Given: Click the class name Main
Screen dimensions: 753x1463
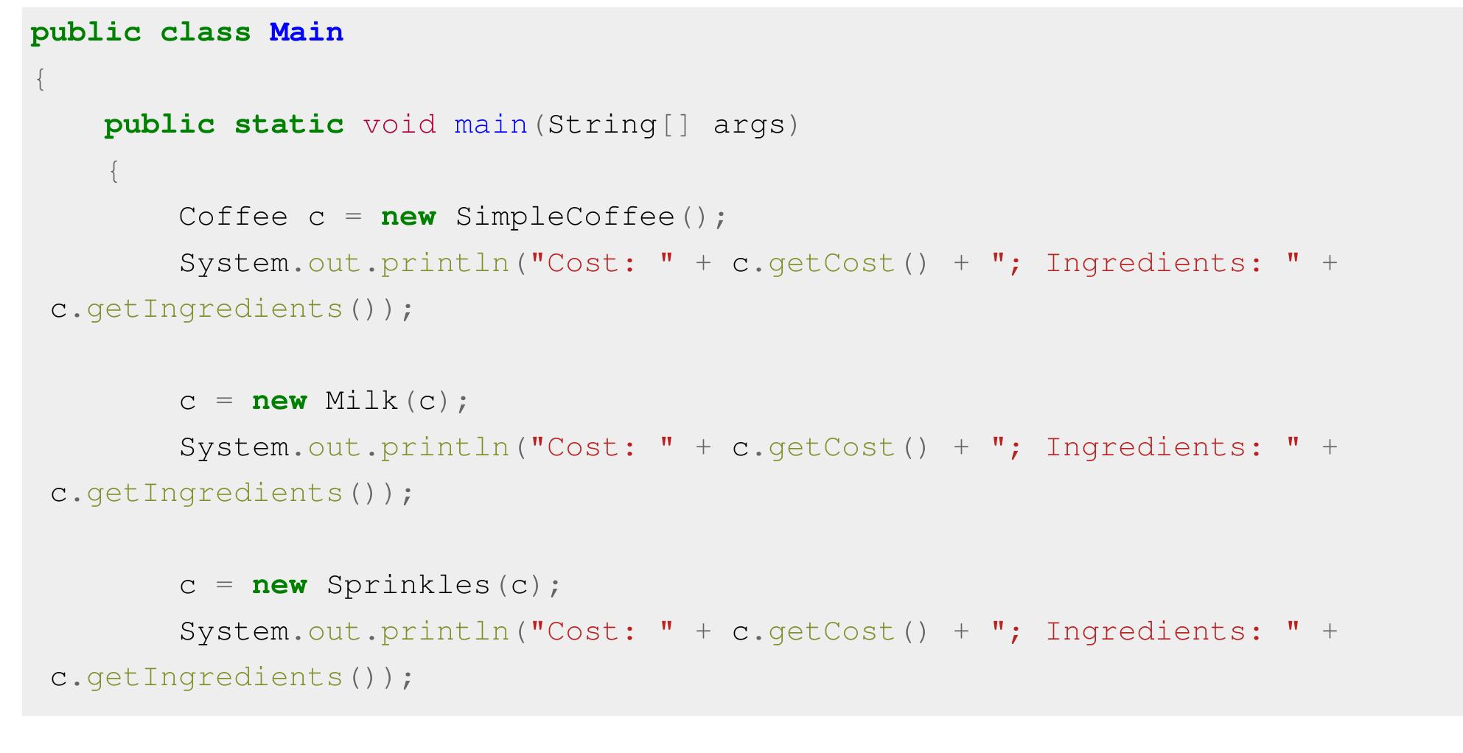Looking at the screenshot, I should click(x=306, y=32).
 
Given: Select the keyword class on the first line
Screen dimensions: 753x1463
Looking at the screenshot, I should click(x=205, y=32).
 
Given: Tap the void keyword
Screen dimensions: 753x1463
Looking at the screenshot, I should click(x=399, y=125).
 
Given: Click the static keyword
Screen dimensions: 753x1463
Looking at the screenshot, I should click(x=288, y=125).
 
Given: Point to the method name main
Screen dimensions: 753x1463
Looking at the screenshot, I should click(x=491, y=125).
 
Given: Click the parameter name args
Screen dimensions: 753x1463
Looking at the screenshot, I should click(x=749, y=125).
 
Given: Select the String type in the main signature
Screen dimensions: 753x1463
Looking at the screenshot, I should click(x=601, y=125).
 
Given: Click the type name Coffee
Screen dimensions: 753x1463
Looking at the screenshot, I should click(x=233, y=217).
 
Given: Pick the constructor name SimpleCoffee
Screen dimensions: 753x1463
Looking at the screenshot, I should click(x=565, y=217).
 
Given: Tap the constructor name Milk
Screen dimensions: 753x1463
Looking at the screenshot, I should click(x=362, y=401).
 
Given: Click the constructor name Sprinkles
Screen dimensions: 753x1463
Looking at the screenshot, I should click(x=408, y=585).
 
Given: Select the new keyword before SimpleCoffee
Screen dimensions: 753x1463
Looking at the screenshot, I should click(x=408, y=217).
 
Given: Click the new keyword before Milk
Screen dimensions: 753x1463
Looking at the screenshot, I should click(x=279, y=401).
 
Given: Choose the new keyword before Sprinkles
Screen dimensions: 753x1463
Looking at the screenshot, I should click(x=279, y=585).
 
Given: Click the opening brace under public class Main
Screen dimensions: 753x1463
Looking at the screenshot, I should click(x=41, y=79).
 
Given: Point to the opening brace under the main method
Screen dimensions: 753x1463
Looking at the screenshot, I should click(x=114, y=171).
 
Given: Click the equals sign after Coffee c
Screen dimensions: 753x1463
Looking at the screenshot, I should click(x=353, y=217).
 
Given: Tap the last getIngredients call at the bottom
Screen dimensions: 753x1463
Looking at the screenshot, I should click(x=214, y=677).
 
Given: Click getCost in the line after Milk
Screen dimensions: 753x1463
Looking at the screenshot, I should click(x=831, y=447).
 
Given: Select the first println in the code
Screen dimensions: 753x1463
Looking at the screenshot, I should click(x=444, y=263).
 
